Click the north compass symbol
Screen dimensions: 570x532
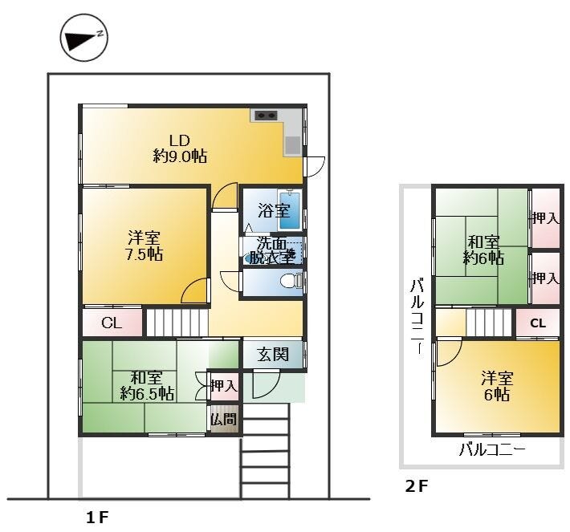point(84,38)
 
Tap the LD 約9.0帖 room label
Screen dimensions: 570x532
point(180,148)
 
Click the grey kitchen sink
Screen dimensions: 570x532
point(293,145)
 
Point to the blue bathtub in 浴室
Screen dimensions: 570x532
point(290,210)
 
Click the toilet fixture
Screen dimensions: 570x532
point(291,280)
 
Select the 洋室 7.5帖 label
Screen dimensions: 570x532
point(144,246)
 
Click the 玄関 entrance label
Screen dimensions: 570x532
point(273,354)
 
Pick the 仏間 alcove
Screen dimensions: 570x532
point(224,419)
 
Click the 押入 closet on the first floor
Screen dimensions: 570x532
point(224,385)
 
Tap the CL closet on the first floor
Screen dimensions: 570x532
point(112,323)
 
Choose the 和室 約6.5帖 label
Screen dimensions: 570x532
point(146,385)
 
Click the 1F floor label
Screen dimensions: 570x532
point(97,517)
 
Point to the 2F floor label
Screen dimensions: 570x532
point(417,486)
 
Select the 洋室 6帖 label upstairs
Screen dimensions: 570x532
point(497,386)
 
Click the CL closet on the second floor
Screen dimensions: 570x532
point(538,323)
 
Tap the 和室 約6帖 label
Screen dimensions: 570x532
point(483,250)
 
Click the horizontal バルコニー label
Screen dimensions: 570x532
point(492,450)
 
